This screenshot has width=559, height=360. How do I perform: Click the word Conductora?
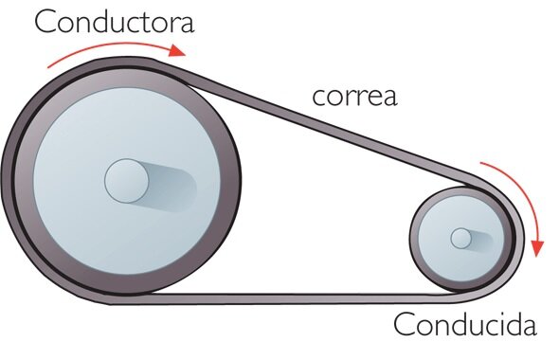114,22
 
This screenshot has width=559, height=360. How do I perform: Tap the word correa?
354,97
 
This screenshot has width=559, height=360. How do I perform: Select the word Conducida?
465,324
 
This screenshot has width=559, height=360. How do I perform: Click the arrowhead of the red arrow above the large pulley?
177,50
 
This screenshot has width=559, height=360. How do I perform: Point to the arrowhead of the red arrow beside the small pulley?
537,248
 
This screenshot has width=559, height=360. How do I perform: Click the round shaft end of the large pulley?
127,181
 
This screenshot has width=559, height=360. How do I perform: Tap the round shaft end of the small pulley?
460,238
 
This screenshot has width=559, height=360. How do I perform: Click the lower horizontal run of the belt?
285,298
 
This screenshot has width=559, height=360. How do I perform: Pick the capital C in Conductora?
45,22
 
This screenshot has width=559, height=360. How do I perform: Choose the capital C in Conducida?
405,324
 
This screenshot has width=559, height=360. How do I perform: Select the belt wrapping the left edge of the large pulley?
8,178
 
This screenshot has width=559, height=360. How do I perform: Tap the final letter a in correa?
389,98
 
